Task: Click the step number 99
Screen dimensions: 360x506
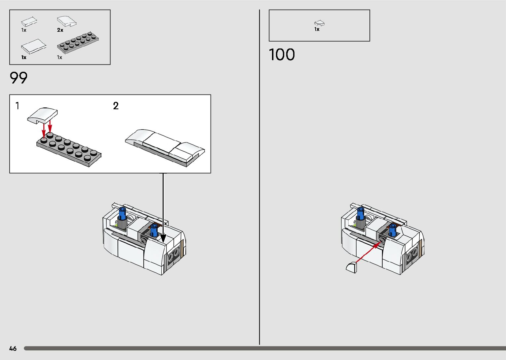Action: [19, 78]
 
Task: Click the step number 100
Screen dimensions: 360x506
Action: [282, 55]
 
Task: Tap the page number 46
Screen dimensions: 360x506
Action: [13, 348]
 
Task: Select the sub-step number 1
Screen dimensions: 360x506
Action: [18, 106]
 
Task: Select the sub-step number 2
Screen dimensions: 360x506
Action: [116, 106]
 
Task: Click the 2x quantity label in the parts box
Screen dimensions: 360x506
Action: [60, 30]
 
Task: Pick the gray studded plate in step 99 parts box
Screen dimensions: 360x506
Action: [78, 43]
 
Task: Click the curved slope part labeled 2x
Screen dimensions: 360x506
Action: [66, 21]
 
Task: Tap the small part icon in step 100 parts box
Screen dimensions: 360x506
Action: [319, 23]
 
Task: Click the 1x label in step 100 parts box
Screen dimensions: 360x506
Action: [317, 29]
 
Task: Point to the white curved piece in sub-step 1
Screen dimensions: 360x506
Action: [42, 115]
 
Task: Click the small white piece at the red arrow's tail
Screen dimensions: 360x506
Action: [352, 266]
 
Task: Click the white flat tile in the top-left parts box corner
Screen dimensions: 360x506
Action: [29, 22]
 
